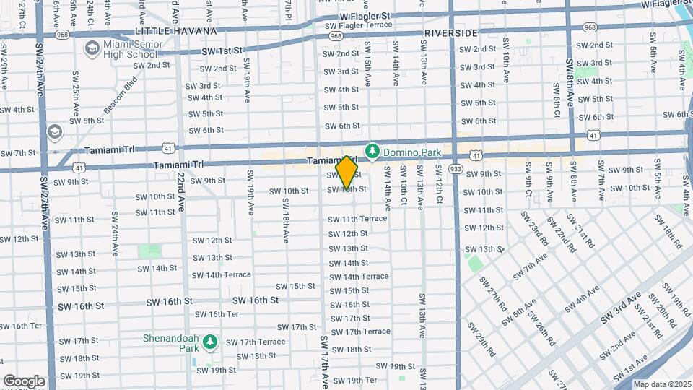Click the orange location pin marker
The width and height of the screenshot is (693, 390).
tap(347, 173)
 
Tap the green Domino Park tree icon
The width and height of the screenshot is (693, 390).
tap(372, 152)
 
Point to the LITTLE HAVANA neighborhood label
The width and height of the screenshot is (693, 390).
tap(176, 32)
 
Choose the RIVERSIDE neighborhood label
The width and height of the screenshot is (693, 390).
tap(451, 34)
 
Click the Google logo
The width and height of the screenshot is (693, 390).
tap(24, 381)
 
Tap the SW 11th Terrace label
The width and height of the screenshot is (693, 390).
tap(357, 219)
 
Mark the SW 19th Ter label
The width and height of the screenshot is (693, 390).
tap(354, 380)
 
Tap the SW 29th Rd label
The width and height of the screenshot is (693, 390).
tap(481, 339)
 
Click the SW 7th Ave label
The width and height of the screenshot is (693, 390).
tap(531, 266)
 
